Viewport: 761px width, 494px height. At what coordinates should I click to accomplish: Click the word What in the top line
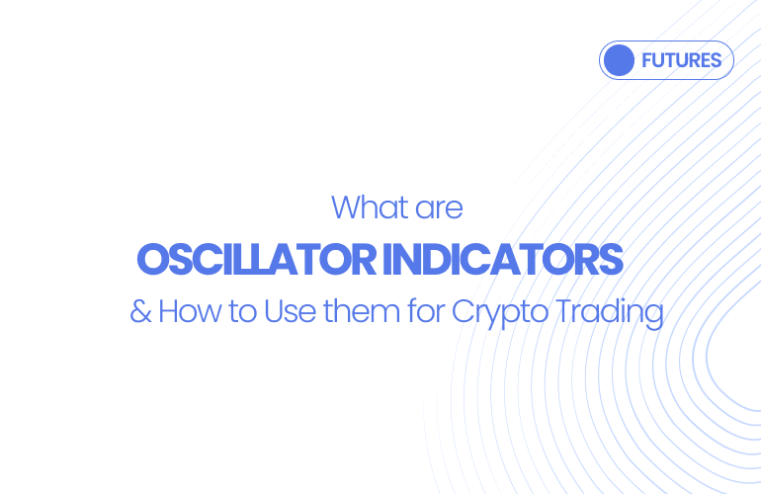click(x=368, y=207)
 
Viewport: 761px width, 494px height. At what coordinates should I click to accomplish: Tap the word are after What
click(x=437, y=207)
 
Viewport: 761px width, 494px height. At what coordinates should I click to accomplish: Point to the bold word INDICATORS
click(x=503, y=260)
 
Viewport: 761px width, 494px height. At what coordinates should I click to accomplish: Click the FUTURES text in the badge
click(x=681, y=60)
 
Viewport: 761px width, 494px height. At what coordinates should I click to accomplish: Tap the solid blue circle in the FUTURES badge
click(x=619, y=60)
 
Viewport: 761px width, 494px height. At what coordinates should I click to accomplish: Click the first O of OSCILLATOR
click(x=151, y=260)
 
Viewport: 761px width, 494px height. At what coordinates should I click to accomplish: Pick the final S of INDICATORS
click(x=612, y=260)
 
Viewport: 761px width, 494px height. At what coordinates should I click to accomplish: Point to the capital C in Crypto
click(x=464, y=312)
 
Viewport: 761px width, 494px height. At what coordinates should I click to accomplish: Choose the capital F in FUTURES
click(x=646, y=60)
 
